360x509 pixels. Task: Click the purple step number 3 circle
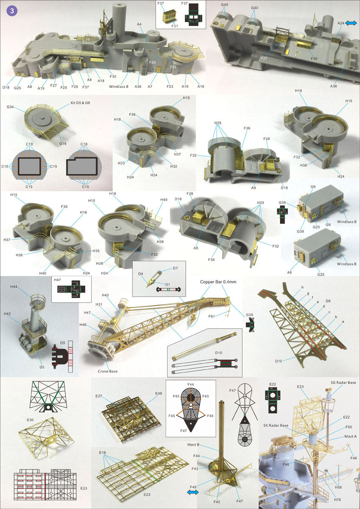click(x=12, y=11)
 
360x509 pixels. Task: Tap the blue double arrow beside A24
click(x=351, y=23)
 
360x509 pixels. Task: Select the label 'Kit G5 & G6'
click(x=80, y=103)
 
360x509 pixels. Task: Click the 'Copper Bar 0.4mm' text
click(x=218, y=282)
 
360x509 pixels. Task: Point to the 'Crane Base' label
click(x=108, y=371)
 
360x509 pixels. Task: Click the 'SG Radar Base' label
click(x=343, y=383)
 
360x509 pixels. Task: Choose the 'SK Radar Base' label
click(x=276, y=425)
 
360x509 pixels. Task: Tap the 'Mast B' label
click(x=193, y=445)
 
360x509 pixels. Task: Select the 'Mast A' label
click(x=351, y=436)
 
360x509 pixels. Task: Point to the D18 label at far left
click(x=6, y=87)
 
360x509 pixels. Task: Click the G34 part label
click(x=10, y=107)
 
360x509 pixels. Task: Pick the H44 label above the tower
click(x=14, y=287)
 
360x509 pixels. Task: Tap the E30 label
click(x=30, y=420)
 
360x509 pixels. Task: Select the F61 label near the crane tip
click(x=212, y=316)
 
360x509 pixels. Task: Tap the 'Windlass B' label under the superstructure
click(x=119, y=87)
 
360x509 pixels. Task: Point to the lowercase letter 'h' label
click(x=302, y=287)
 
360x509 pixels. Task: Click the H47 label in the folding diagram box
click(x=58, y=280)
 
